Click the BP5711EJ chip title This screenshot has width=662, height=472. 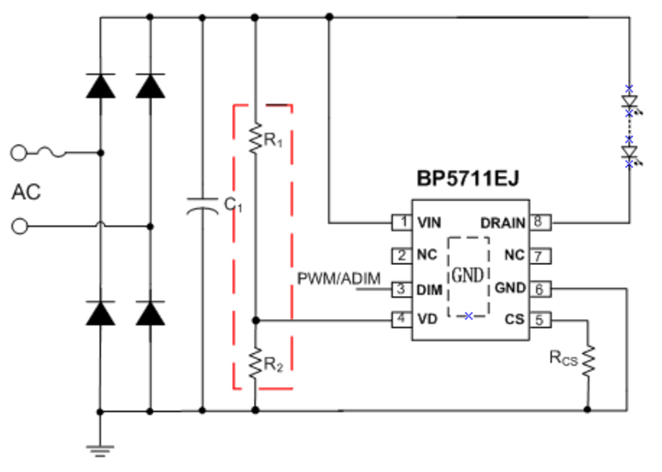point(467,180)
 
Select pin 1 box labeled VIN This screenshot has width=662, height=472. point(402,221)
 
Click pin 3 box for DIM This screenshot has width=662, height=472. point(402,288)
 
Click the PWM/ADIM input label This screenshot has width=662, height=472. point(339,279)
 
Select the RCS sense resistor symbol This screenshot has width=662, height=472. point(586,359)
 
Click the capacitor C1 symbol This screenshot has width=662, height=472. point(203,207)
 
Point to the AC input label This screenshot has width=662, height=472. point(27,191)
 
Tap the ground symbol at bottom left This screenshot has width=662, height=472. point(100,448)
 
